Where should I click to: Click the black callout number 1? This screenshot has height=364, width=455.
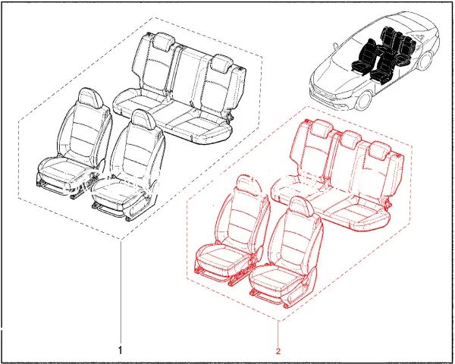(121, 350)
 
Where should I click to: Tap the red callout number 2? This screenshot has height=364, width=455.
(278, 352)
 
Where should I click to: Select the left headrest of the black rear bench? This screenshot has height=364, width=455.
(163, 42)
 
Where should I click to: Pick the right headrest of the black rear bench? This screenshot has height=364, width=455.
(222, 64)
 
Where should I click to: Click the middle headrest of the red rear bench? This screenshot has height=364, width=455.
(350, 139)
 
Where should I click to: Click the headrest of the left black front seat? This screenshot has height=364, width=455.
(90, 98)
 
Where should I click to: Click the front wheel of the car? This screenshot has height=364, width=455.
(364, 99)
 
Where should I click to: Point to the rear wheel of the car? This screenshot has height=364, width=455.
(425, 61)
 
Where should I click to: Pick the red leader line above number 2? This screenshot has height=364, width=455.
(278, 333)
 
